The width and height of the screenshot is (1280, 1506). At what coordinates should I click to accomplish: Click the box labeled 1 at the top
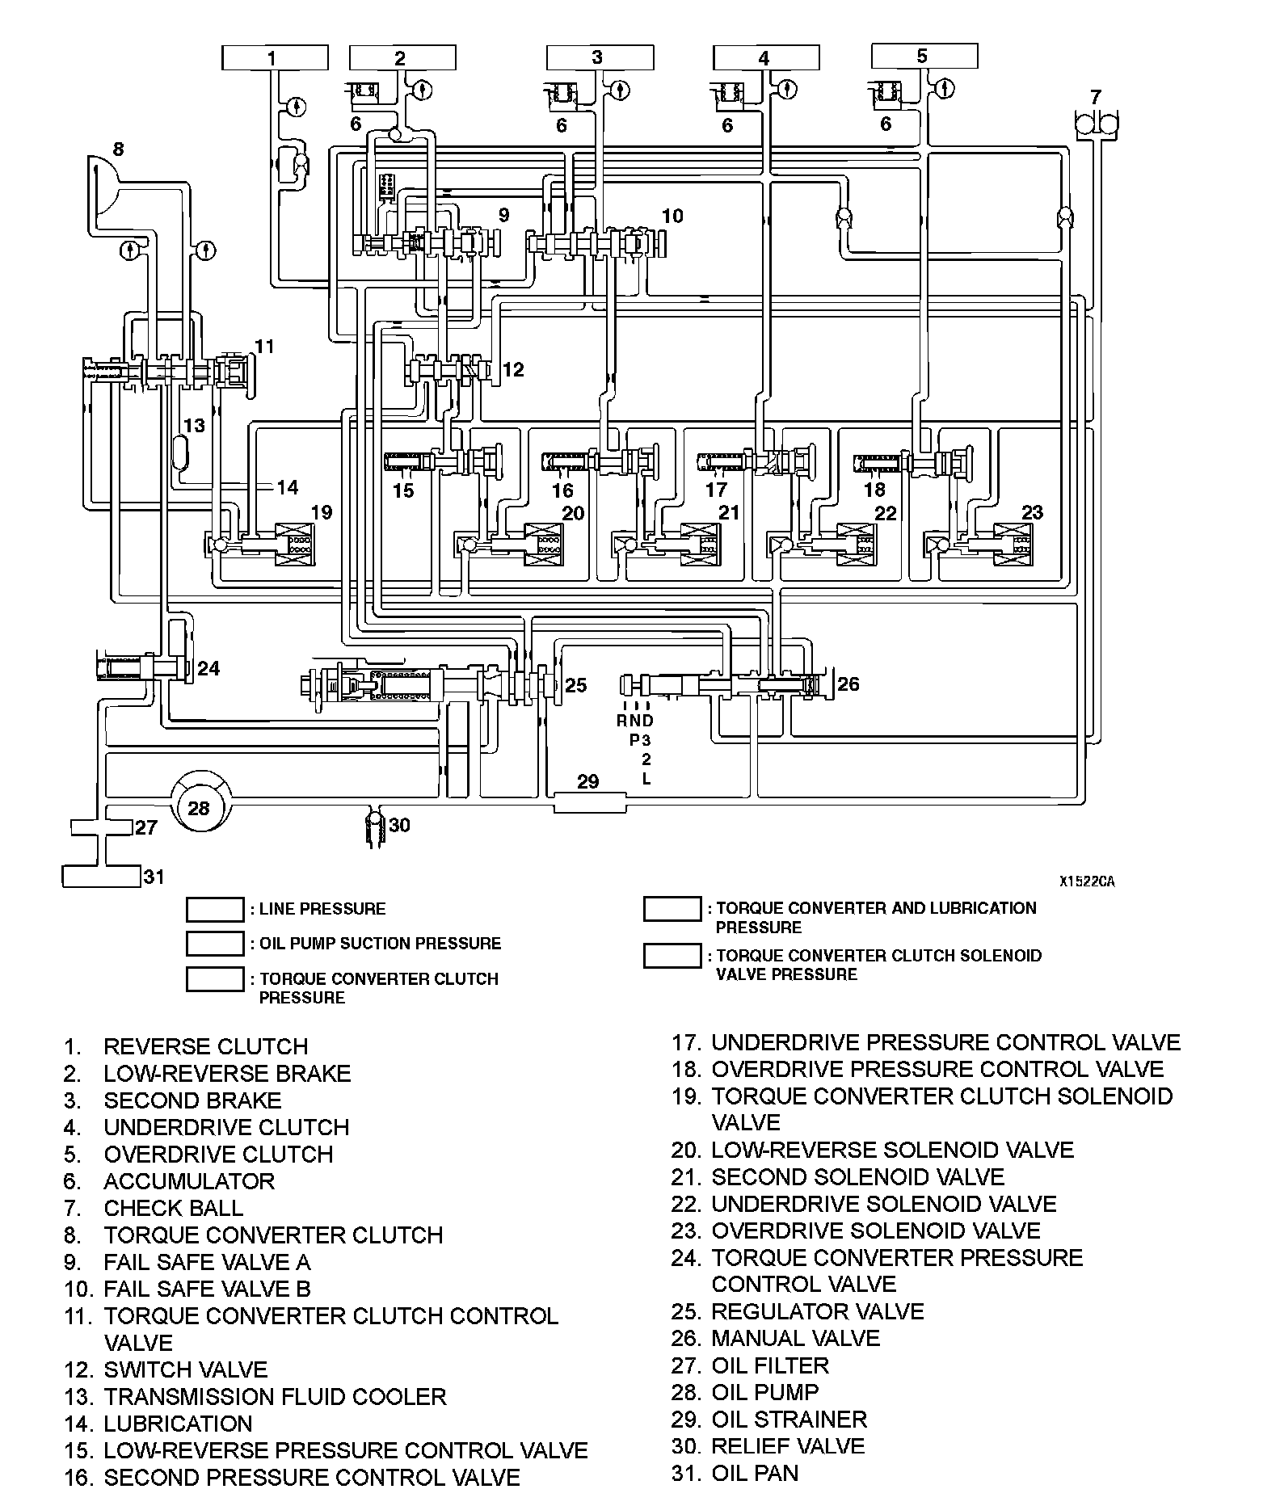pos(275,58)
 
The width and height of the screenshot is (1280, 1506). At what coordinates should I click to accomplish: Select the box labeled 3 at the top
pos(600,58)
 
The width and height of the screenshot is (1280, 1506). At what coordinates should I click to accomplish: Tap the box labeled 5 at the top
pos(924,57)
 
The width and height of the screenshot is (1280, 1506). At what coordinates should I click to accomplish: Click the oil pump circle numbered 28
pos(198,807)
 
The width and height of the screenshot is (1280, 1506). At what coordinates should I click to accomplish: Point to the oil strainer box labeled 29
pos(589,802)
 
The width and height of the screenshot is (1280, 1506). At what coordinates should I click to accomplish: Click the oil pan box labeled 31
pos(102,876)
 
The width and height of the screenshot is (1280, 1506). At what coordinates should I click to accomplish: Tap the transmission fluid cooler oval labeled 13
pos(180,452)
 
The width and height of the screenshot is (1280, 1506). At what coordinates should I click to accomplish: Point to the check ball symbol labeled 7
pos(1096,124)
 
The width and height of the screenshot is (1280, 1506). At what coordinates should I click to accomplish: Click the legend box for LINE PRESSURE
pos(215,909)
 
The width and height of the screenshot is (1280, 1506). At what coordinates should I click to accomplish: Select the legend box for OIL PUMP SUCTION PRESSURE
pos(215,944)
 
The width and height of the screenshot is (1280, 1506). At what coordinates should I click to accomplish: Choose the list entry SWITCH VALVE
pos(185,1369)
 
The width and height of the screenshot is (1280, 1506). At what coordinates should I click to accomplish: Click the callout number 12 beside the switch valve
pos(513,369)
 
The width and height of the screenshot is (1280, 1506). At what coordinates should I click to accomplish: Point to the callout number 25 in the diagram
pos(575,685)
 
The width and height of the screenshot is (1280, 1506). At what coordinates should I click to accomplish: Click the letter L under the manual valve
pos(646,779)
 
